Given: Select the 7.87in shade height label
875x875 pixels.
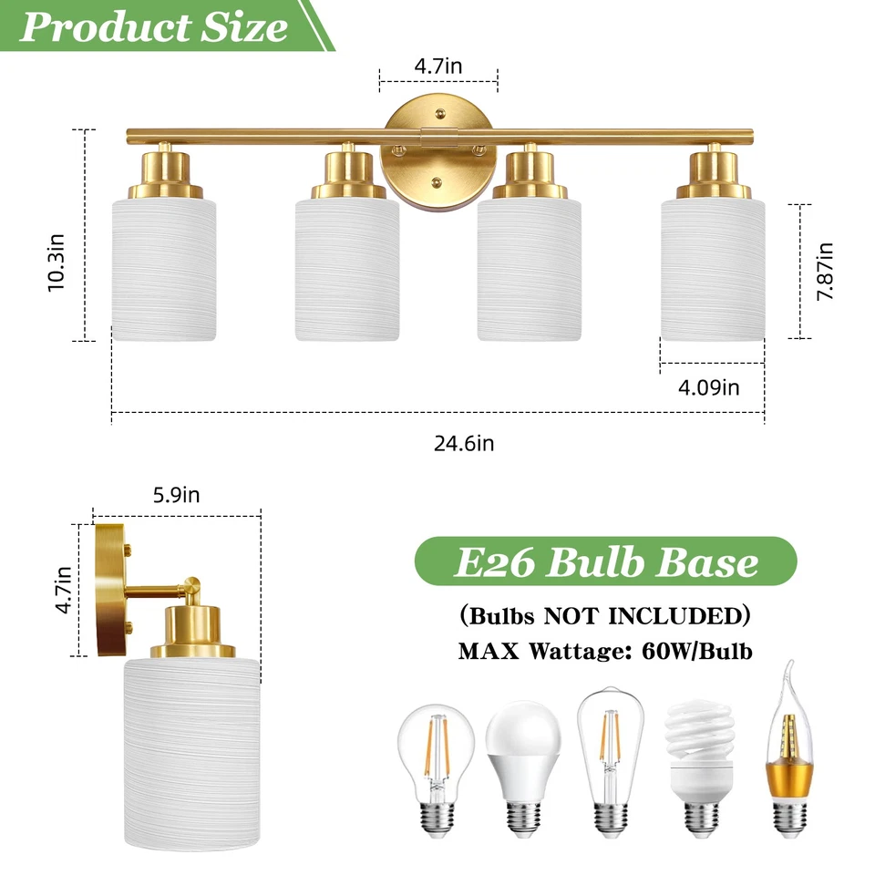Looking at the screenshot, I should (x=826, y=271).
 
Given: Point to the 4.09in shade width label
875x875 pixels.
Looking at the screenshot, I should (x=709, y=387).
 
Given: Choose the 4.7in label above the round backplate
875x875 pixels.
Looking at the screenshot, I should (x=437, y=67).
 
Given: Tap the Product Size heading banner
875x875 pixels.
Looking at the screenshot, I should (x=155, y=26).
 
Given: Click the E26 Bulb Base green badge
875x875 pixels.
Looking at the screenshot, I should (x=605, y=561).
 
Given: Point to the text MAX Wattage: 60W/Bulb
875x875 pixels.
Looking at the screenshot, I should (x=605, y=652).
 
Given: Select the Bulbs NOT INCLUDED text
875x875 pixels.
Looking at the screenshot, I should (x=605, y=616).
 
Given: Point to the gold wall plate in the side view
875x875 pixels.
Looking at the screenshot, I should (x=110, y=590).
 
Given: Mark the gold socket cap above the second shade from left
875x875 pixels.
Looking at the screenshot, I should (x=347, y=173).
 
